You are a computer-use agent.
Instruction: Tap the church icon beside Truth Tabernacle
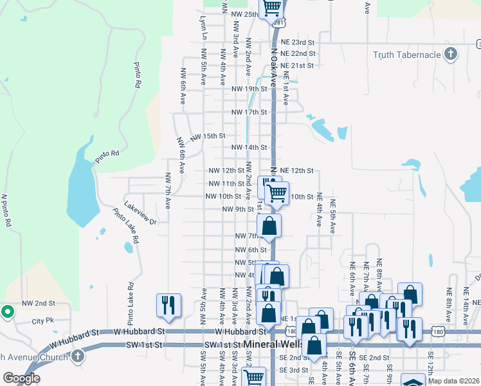point(451,54)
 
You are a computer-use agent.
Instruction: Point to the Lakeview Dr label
point(140,214)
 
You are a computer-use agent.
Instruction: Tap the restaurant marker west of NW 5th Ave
point(169,306)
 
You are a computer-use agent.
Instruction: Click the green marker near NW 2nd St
point(8,312)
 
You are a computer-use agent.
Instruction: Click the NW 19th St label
point(248,89)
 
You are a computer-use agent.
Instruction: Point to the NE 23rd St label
point(297,42)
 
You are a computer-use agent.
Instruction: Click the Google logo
point(21,378)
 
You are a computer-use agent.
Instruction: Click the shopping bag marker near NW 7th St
point(269,226)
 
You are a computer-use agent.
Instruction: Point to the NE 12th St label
point(296,170)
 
